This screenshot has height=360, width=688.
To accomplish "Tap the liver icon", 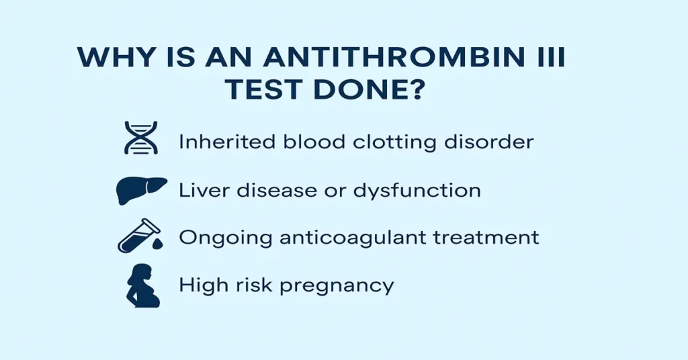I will (x=139, y=189).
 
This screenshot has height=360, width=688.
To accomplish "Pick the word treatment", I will (x=493, y=238).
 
